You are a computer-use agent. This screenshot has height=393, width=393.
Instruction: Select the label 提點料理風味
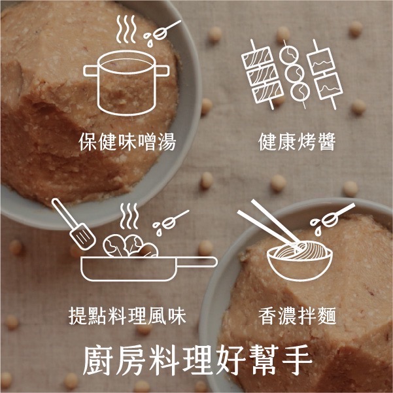[x=128, y=316]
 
